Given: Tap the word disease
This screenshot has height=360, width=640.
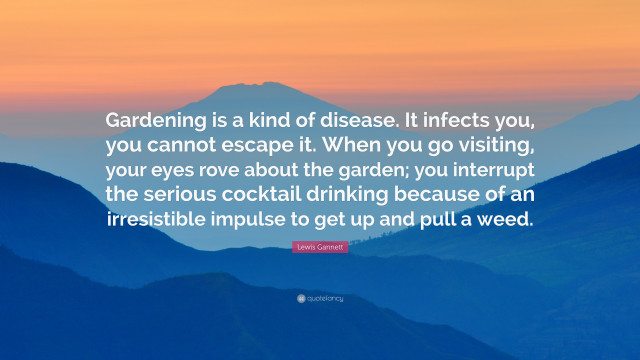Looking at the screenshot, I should (x=345, y=120).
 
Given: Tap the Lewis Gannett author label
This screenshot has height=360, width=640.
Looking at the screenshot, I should (x=320, y=247).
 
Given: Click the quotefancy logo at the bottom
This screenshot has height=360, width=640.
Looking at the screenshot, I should (x=320, y=299).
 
